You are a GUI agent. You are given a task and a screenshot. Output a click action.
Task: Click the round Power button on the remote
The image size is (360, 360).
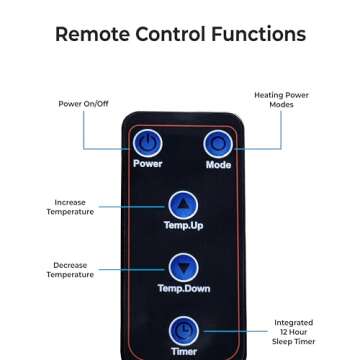(148, 143)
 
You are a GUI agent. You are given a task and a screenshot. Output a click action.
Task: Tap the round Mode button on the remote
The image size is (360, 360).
(217, 143)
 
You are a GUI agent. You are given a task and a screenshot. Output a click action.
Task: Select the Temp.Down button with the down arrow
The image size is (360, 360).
(183, 267)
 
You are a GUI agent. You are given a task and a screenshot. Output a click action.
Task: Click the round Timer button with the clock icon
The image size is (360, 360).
(183, 330)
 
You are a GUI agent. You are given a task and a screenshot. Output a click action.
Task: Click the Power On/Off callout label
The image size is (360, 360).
(83, 103)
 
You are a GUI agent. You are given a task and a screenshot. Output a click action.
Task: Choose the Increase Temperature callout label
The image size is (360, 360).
(70, 207)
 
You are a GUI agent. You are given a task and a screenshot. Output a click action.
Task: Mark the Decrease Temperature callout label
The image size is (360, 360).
(70, 270)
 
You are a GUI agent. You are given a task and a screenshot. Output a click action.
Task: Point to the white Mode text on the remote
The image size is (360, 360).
(217, 165)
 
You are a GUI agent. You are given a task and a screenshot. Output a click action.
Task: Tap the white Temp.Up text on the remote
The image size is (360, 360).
(183, 226)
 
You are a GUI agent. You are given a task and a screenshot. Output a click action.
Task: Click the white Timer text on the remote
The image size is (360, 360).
(183, 352)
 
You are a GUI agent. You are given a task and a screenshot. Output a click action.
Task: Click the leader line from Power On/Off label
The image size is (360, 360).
(84, 130)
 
